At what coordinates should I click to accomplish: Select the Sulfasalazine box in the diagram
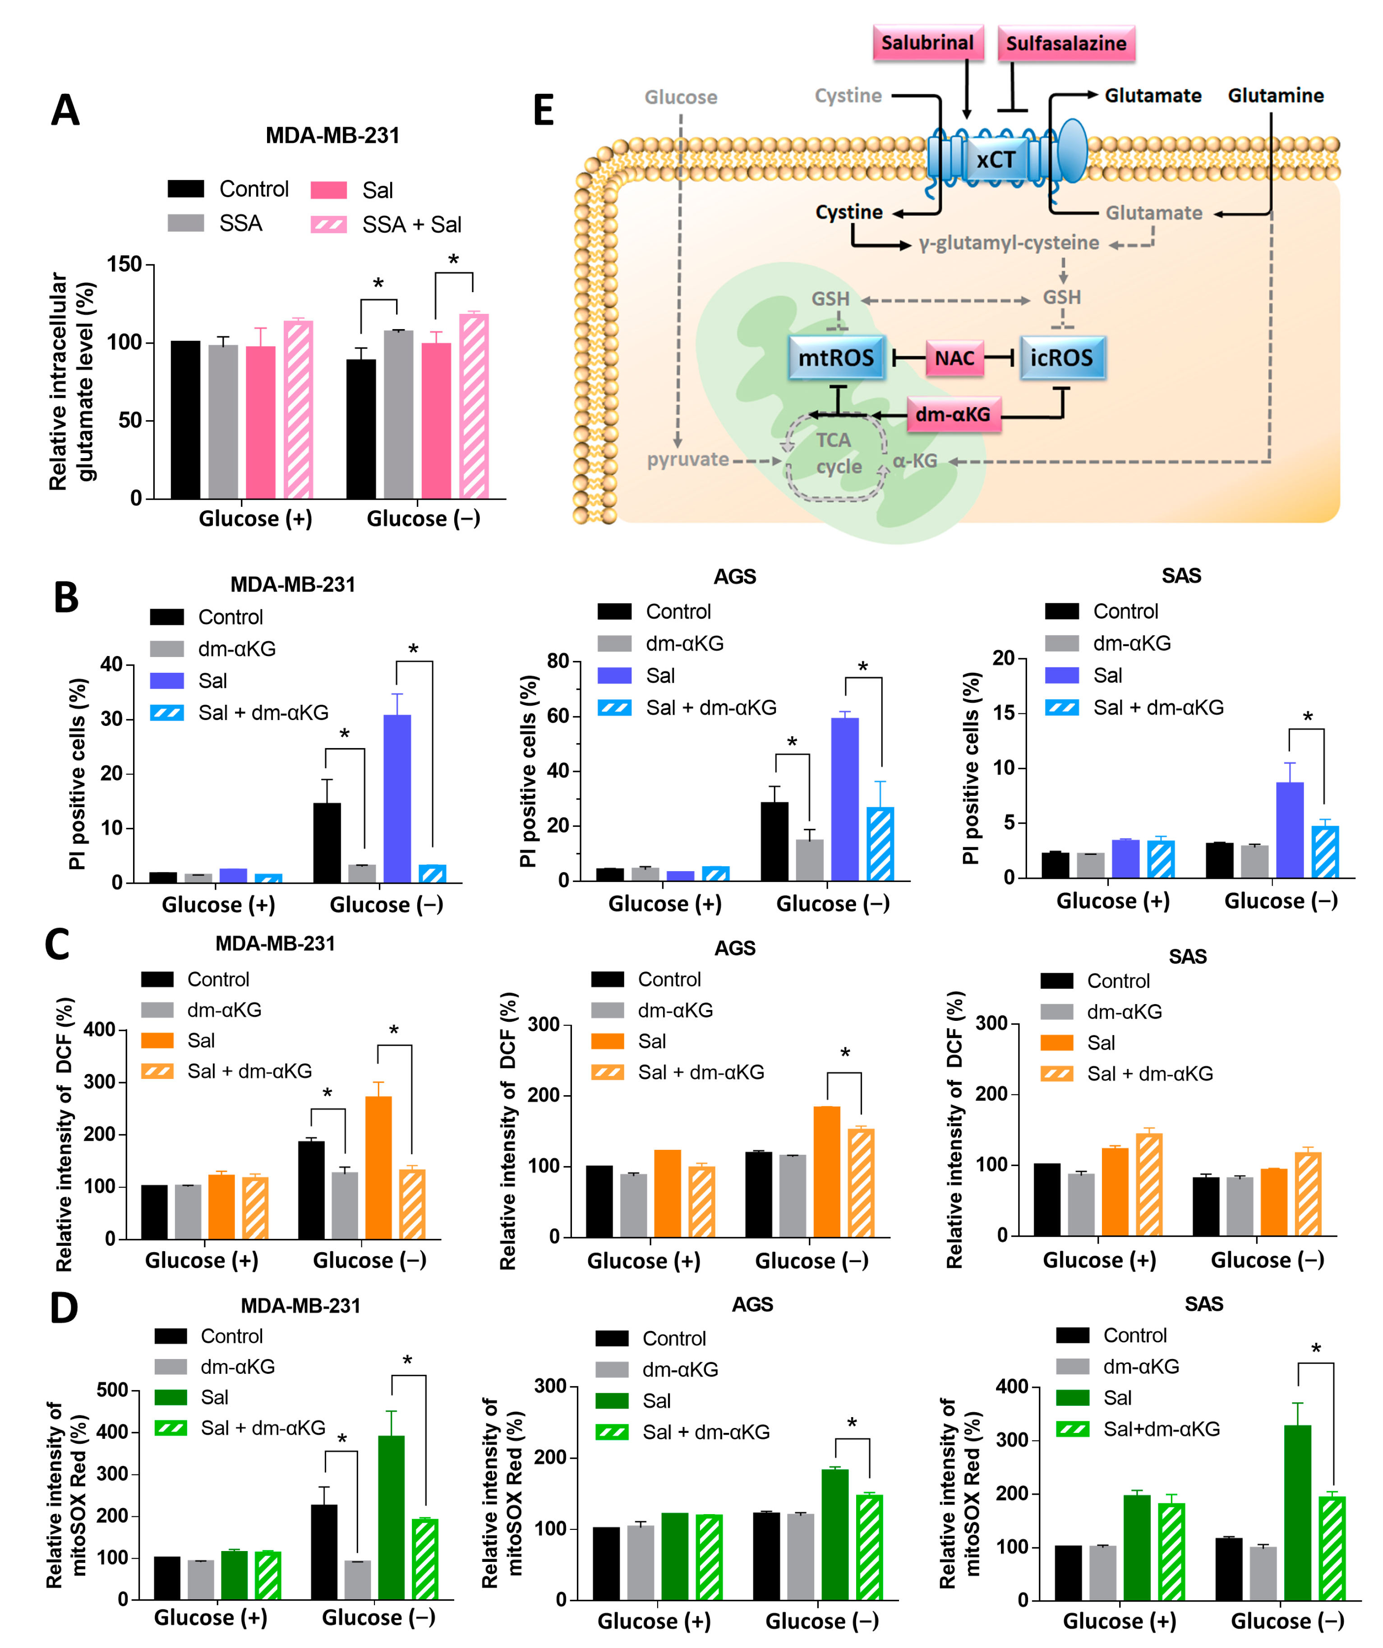1066,43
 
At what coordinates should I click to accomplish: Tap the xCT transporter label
995,160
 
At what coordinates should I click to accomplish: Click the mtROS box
836,358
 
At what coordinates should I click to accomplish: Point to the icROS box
1061,358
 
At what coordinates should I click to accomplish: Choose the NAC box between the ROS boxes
954,358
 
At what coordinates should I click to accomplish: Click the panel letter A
65,110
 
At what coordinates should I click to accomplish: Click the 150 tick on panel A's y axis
124,265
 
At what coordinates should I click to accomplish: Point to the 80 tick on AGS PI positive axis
558,661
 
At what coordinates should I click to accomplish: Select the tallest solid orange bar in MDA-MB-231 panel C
378,1167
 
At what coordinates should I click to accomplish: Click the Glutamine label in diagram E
1276,96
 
